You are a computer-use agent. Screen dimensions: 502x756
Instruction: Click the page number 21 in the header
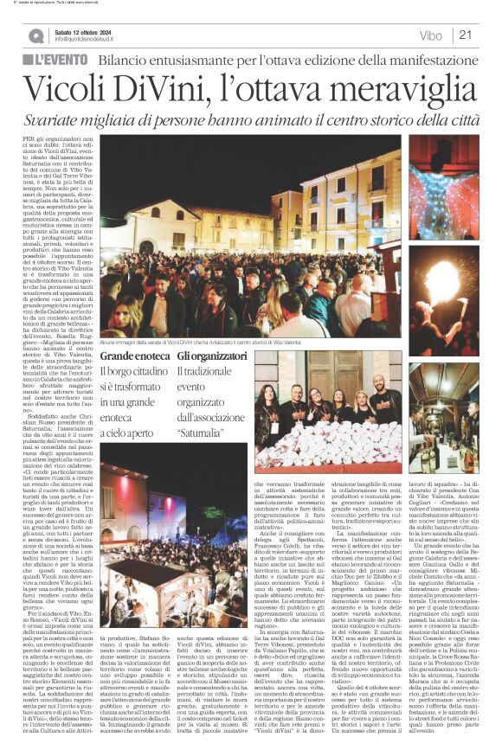pos(465,35)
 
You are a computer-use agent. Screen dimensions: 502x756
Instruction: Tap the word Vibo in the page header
pos(429,35)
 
